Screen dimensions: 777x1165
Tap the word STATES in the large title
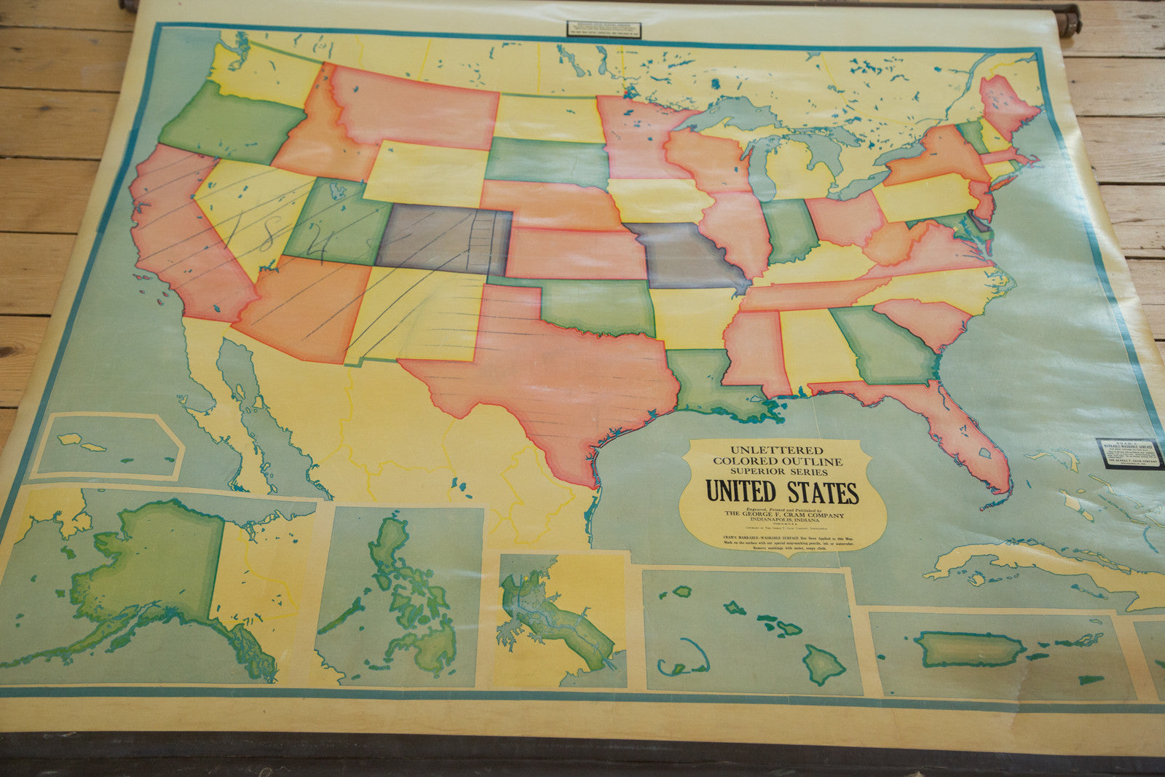click(820, 493)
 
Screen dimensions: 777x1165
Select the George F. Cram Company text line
click(783, 515)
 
